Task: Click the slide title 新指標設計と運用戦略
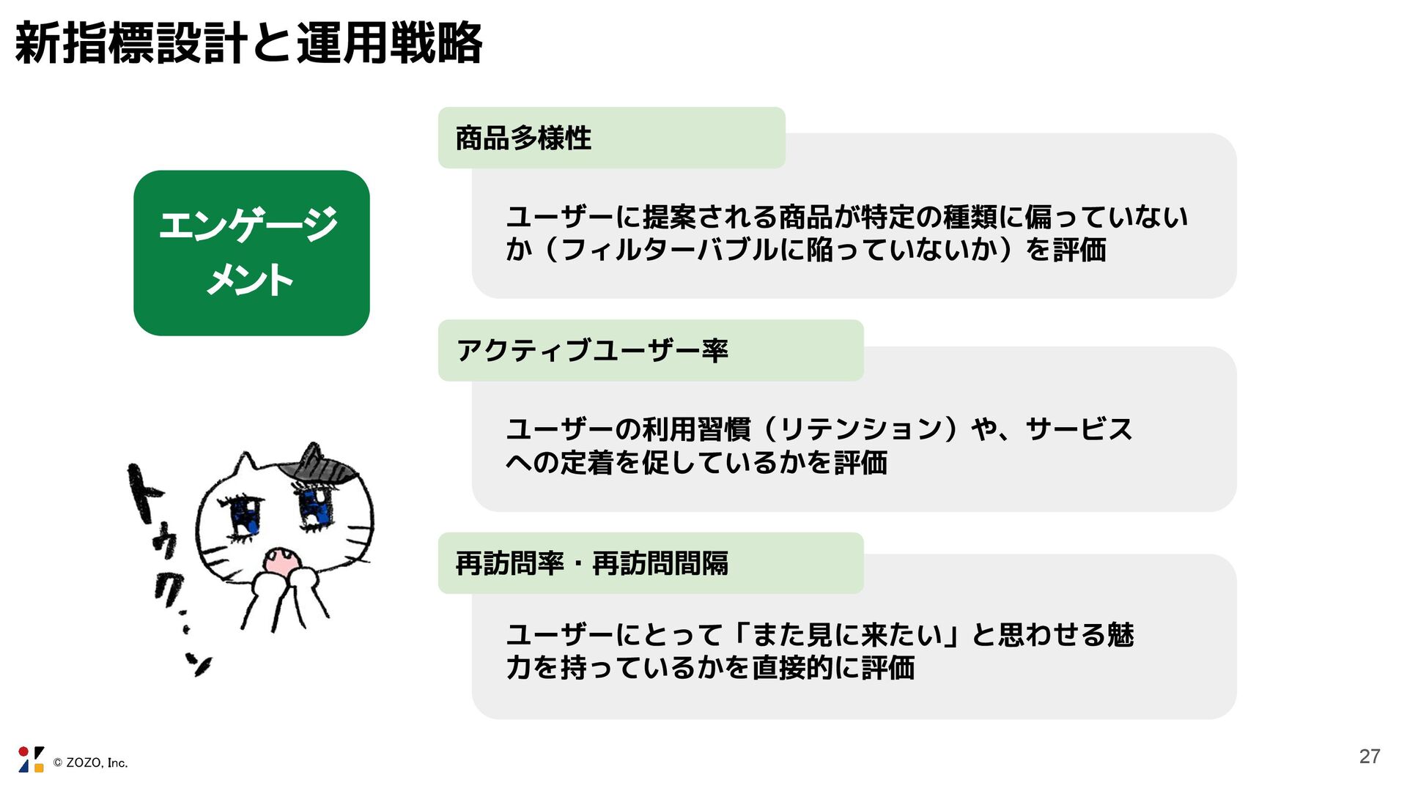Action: pyautogui.click(x=248, y=43)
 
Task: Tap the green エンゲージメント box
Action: pyautogui.click(x=251, y=253)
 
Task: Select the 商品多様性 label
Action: pyautogui.click(x=523, y=138)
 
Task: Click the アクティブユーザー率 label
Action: pyautogui.click(x=592, y=351)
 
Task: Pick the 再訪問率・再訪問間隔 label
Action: pyautogui.click(x=592, y=563)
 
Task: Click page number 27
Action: pyautogui.click(x=1369, y=757)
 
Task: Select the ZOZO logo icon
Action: pyautogui.click(x=31, y=760)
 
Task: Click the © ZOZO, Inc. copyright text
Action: pyautogui.click(x=91, y=763)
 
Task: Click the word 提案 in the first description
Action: pyautogui.click(x=669, y=217)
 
